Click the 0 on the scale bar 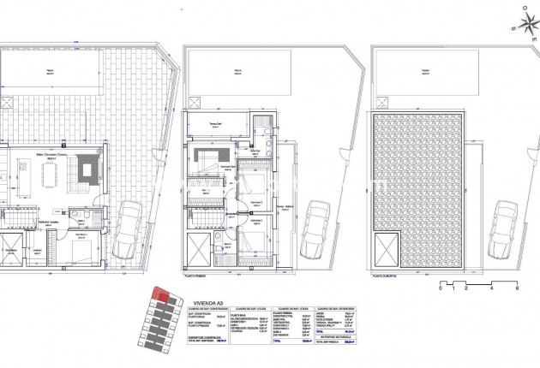pos(440,289)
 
